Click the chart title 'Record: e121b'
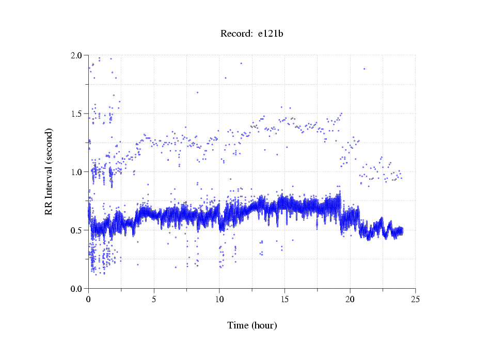252,34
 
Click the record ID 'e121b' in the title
271,34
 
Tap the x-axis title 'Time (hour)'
252,325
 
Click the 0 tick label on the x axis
89,299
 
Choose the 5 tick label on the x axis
154,299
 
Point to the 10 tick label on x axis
219,299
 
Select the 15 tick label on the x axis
284,299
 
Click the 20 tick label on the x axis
350,299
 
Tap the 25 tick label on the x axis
415,299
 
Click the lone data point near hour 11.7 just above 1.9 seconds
241,64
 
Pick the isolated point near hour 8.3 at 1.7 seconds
197,92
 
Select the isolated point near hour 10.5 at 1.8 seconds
225,78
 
